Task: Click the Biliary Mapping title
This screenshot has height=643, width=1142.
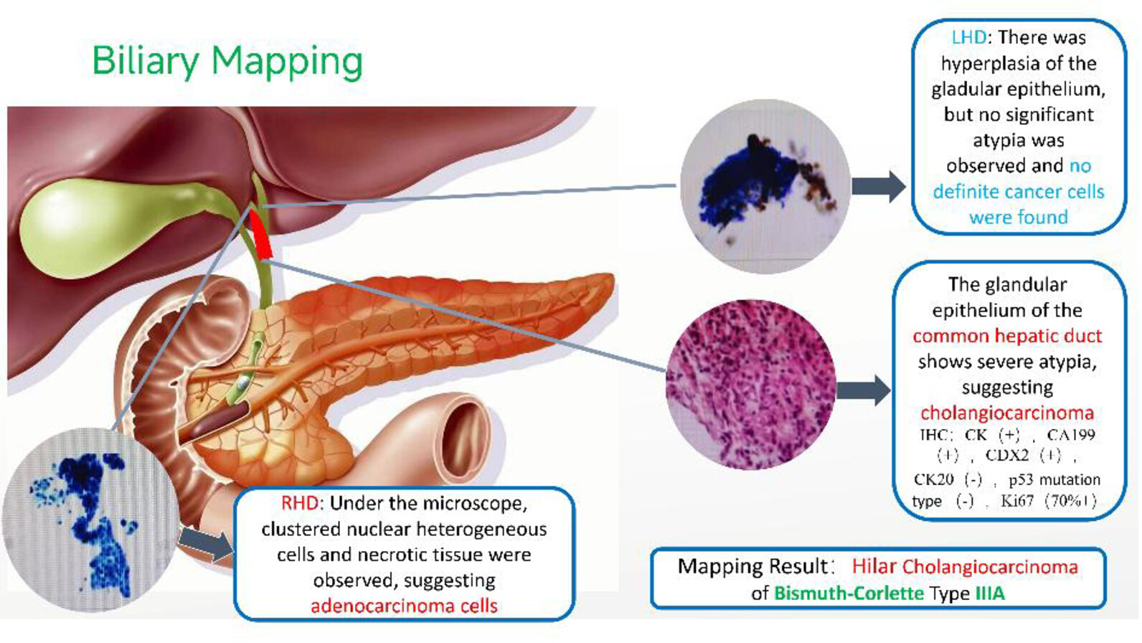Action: click(x=227, y=62)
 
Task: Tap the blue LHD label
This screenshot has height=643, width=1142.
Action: click(x=968, y=37)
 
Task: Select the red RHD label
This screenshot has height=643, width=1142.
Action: click(x=301, y=503)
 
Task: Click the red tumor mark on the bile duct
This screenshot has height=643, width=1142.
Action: click(x=260, y=233)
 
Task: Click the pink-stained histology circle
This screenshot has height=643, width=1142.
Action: click(x=751, y=385)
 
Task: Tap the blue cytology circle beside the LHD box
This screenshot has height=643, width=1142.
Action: click(x=765, y=186)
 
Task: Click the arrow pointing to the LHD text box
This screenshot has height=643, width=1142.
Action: click(x=879, y=186)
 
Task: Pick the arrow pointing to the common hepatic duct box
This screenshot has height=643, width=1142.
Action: click(x=864, y=390)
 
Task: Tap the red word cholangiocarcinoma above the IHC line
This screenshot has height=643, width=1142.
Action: click(x=1007, y=413)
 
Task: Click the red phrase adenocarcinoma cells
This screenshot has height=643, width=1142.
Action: click(x=405, y=606)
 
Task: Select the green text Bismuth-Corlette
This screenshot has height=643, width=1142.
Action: click(x=849, y=593)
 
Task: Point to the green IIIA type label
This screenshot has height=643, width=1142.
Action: click(x=990, y=593)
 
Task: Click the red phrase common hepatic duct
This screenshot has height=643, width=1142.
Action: click(x=1007, y=336)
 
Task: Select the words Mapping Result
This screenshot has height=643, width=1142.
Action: click(x=752, y=566)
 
